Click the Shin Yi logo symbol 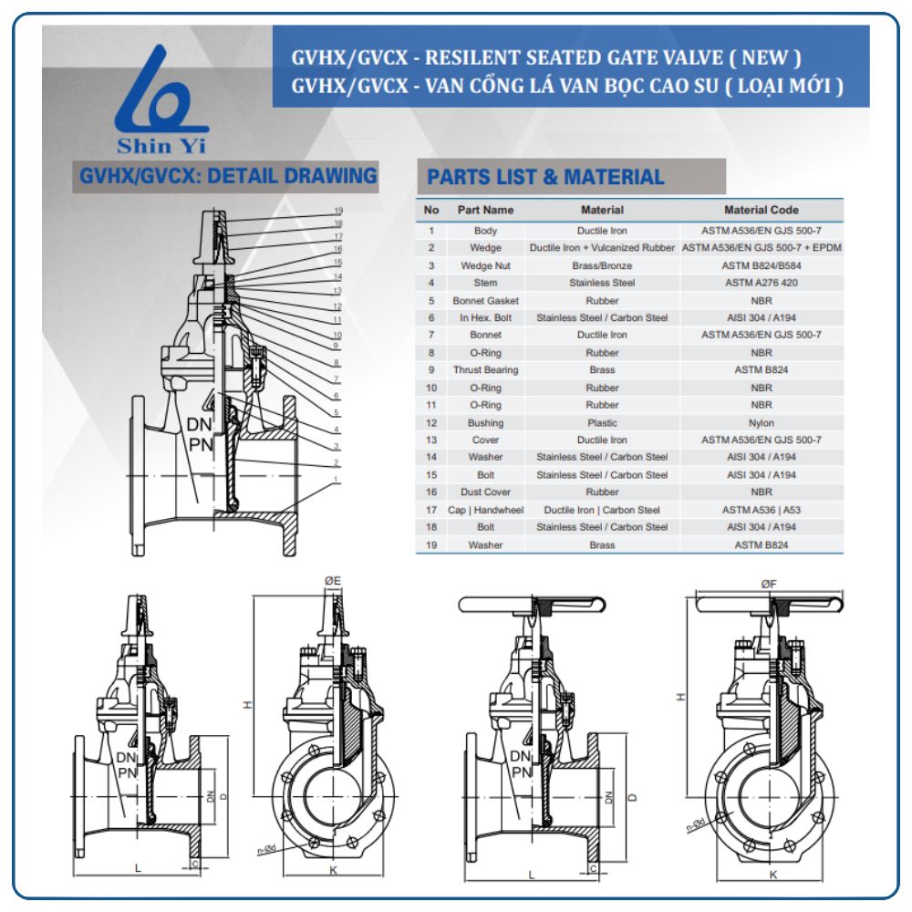tap(161, 91)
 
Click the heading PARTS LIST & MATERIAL tap(545, 177)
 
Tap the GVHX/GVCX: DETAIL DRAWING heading tap(228, 175)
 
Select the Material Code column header tap(761, 210)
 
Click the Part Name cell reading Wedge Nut tap(485, 265)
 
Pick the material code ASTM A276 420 tap(761, 283)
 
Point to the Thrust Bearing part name tap(485, 370)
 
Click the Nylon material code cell tap(761, 422)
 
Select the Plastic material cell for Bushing tap(602, 422)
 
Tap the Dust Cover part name tap(485, 492)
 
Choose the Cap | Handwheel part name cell tap(485, 510)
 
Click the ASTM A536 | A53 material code tap(761, 510)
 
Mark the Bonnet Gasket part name tap(485, 300)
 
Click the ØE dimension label tap(332, 581)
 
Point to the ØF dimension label tap(768, 583)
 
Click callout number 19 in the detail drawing tap(337, 211)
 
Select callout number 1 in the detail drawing tap(337, 478)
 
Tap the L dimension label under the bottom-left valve tap(138, 868)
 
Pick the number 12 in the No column tap(431, 422)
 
